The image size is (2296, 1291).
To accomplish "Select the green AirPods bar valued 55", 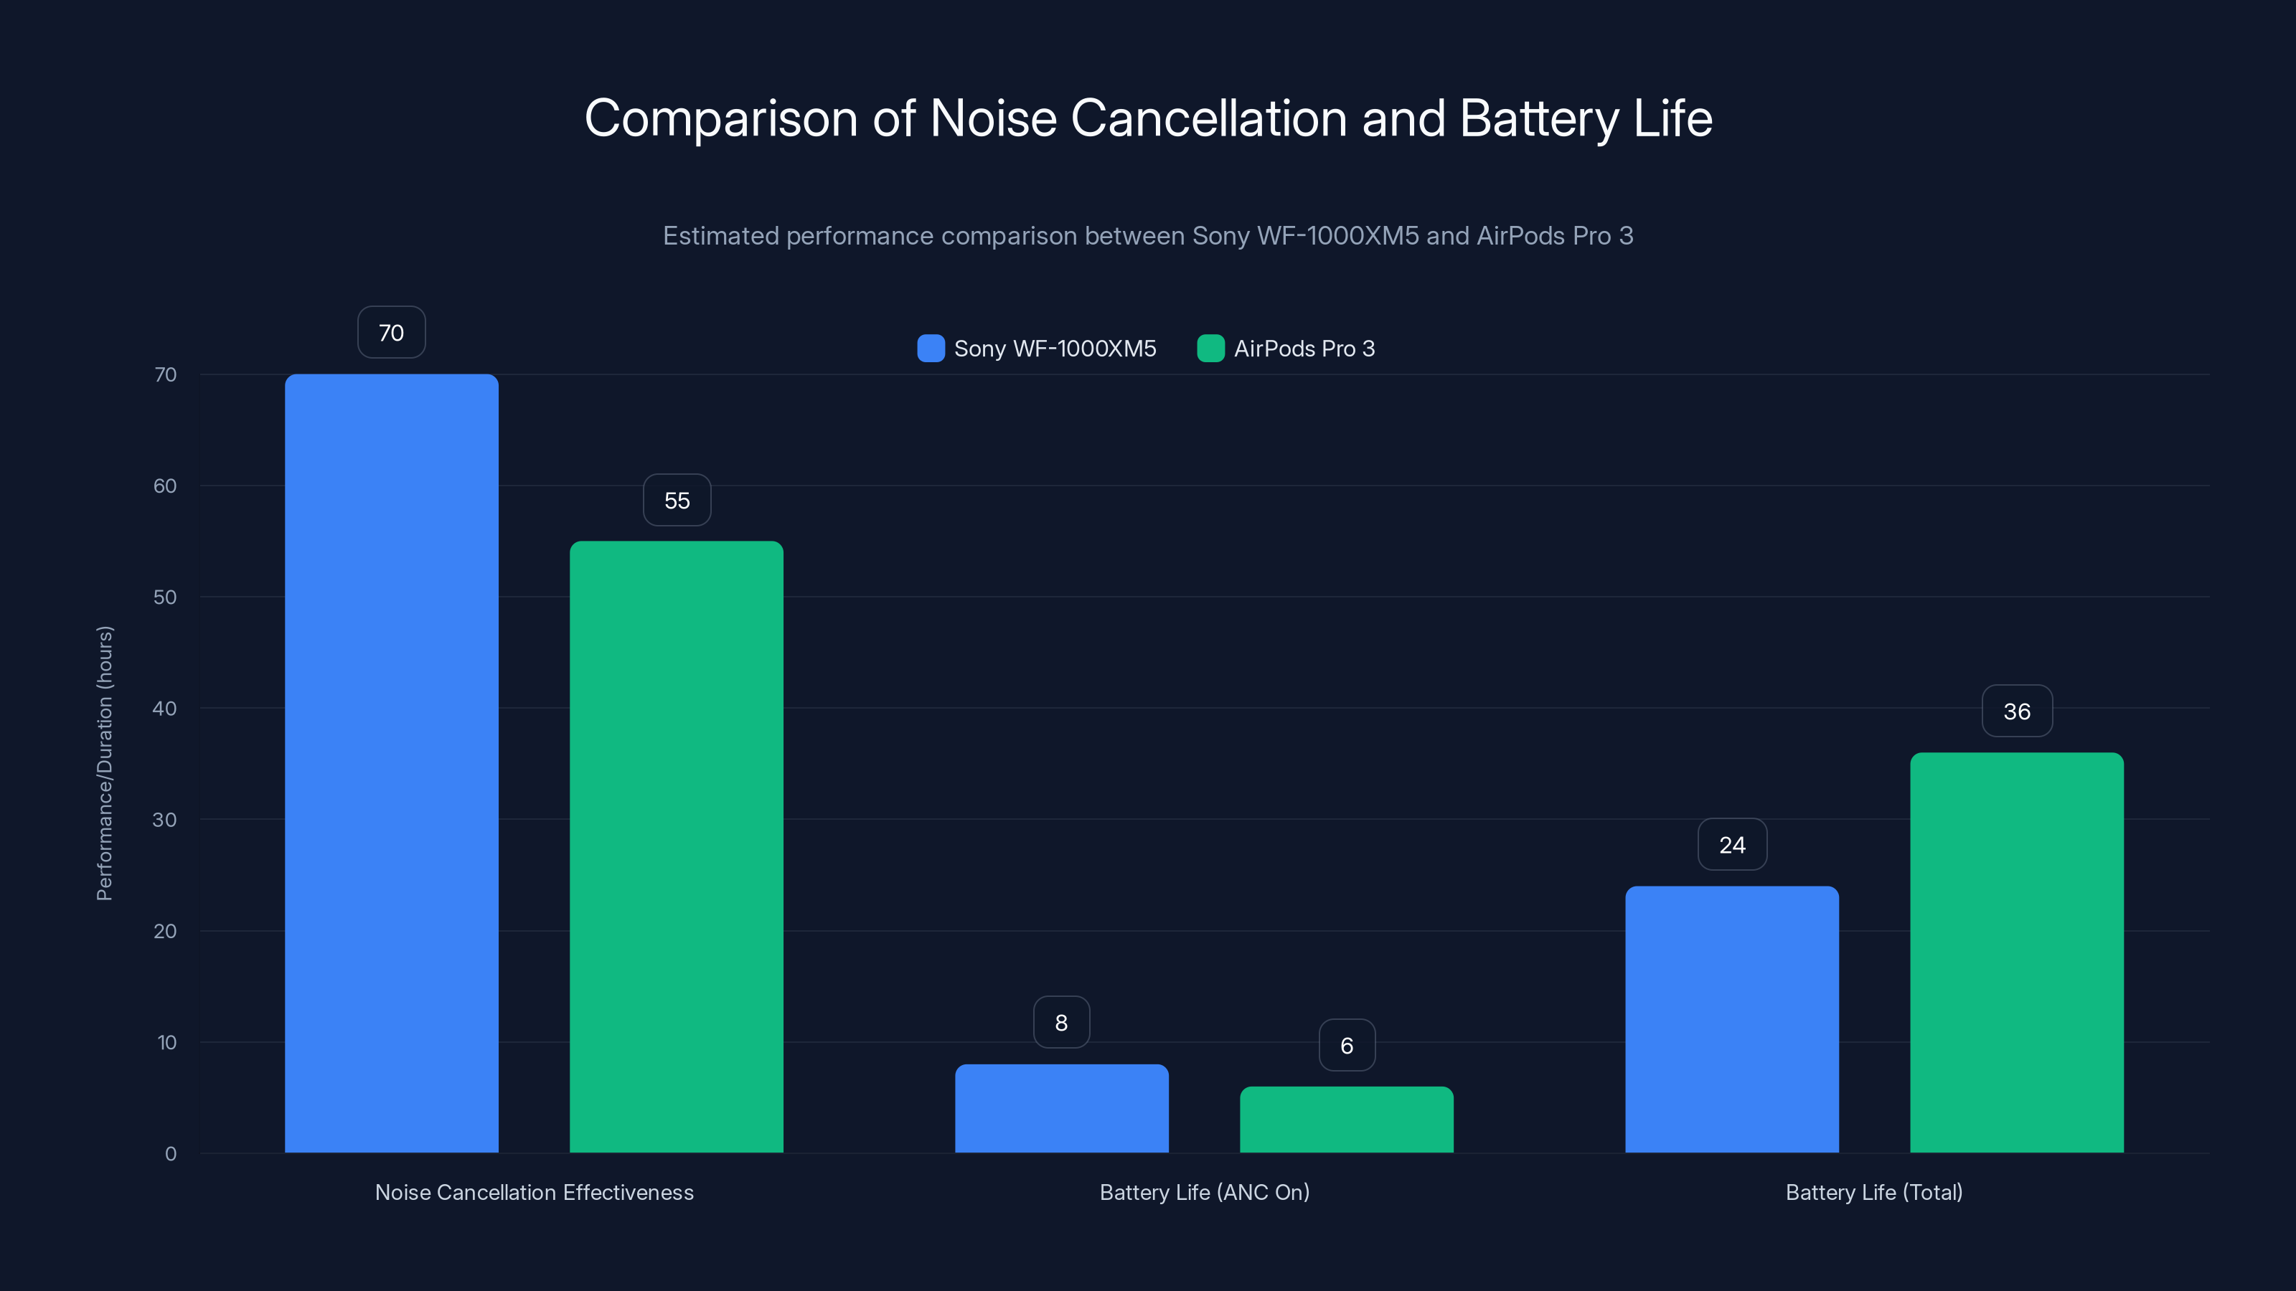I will [677, 846].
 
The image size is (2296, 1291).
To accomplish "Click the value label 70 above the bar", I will [391, 332].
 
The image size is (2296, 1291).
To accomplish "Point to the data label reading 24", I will [1732, 845].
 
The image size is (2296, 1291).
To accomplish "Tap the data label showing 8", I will [1060, 1022].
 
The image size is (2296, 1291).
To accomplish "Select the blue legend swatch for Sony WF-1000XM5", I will [931, 349].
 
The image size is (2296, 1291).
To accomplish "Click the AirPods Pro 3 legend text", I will [1304, 349].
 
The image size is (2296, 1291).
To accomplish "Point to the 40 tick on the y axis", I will [165, 709].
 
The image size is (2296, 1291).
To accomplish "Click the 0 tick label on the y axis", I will [170, 1154].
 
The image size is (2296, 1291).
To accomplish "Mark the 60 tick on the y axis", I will [165, 486].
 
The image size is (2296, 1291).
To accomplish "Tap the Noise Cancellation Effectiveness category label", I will [534, 1192].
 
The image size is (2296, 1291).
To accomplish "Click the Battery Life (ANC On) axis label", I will [1204, 1192].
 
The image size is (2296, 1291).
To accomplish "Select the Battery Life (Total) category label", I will [1873, 1192].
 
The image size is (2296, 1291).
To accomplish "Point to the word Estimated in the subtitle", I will [720, 236].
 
